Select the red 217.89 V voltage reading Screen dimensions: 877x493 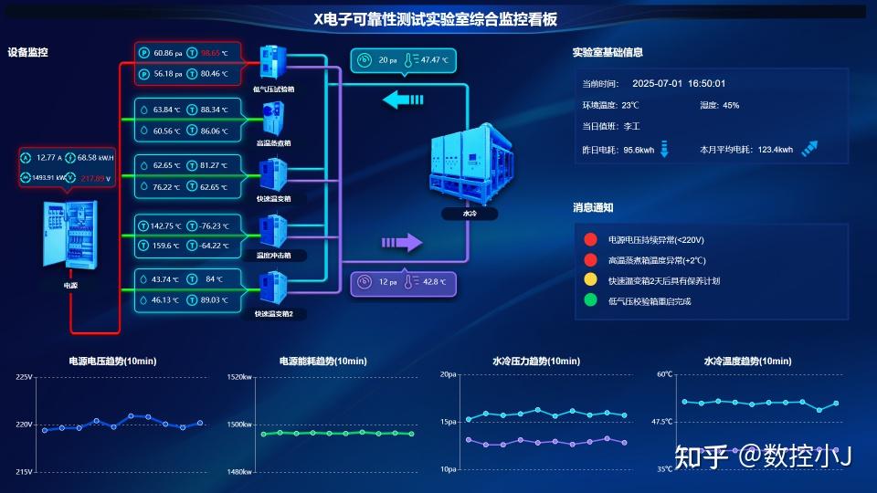(95, 178)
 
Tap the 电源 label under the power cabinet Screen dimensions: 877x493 (70, 286)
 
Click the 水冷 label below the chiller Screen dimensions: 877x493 (470, 214)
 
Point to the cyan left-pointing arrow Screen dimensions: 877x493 (403, 99)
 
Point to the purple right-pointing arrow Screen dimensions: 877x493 (402, 242)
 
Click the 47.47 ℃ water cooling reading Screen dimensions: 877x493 (434, 60)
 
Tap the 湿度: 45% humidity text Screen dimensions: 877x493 (719, 105)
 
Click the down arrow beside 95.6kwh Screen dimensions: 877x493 (664, 149)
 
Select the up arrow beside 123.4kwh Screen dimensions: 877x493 (809, 149)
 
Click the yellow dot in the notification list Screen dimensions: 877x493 (590, 280)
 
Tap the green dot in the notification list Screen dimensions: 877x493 (590, 300)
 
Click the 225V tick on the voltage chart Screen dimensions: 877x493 (24, 376)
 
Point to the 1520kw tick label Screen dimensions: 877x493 (239, 376)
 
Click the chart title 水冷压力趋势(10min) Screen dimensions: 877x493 (535, 362)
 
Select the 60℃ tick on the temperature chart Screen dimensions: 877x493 (664, 374)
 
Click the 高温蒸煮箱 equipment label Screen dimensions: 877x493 (274, 143)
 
